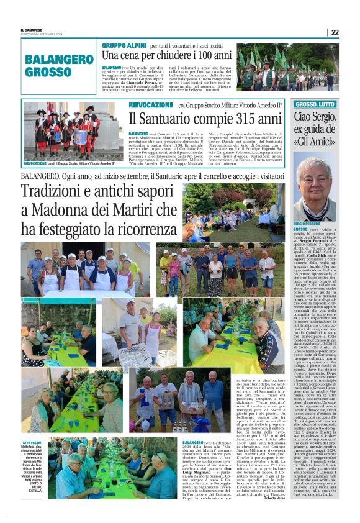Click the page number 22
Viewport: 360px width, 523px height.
coord(335,32)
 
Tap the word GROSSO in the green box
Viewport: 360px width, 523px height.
coord(49,72)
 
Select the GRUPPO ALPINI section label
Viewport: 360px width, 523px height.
coord(124,46)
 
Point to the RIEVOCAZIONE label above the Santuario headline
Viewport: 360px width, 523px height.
coord(151,105)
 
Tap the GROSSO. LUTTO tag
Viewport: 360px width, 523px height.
coord(315,104)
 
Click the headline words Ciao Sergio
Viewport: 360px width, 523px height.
coord(315,116)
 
